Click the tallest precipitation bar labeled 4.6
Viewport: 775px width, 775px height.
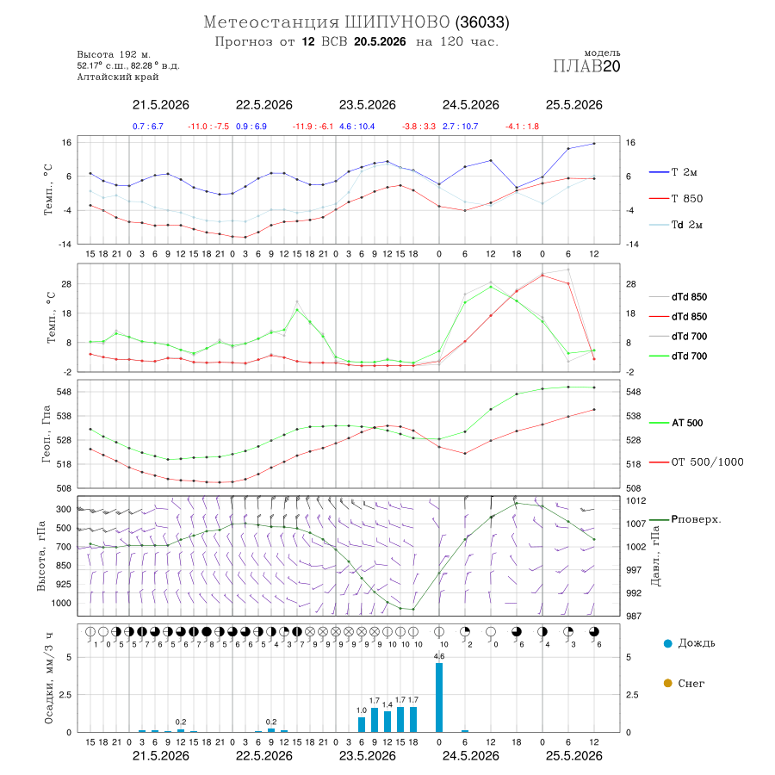point(439,697)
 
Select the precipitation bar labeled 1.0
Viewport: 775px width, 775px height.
point(362,724)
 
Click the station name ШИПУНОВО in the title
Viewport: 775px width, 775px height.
point(397,22)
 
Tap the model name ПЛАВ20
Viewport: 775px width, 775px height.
point(586,66)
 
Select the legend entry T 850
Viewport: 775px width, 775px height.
point(676,198)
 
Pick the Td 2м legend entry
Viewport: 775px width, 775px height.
point(676,225)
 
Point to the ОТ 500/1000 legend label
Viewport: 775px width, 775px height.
point(697,462)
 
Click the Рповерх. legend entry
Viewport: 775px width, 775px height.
point(685,519)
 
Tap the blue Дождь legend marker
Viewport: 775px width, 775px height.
point(668,643)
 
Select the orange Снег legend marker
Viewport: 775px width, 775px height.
point(668,683)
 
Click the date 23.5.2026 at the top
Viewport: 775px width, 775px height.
point(367,105)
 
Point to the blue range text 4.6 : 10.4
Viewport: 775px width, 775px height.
point(356,127)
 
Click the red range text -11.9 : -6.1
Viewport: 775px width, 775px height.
point(313,127)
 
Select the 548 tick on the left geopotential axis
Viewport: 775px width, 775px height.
point(65,392)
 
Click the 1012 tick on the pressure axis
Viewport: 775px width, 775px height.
point(635,500)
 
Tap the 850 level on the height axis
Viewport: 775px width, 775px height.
point(63,566)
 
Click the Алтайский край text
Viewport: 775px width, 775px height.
point(118,77)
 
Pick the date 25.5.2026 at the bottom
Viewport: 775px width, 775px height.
point(573,756)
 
